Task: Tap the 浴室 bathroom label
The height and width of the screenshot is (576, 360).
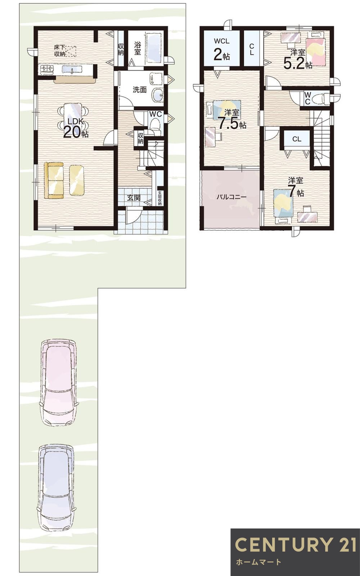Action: point(138,48)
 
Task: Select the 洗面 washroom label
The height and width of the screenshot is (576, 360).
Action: point(140,90)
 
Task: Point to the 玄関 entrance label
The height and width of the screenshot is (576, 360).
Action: point(134,198)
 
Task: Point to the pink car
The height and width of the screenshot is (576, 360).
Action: point(58,382)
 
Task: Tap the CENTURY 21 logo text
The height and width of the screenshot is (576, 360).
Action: point(295,544)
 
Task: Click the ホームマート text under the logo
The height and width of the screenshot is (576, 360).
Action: point(258,562)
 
